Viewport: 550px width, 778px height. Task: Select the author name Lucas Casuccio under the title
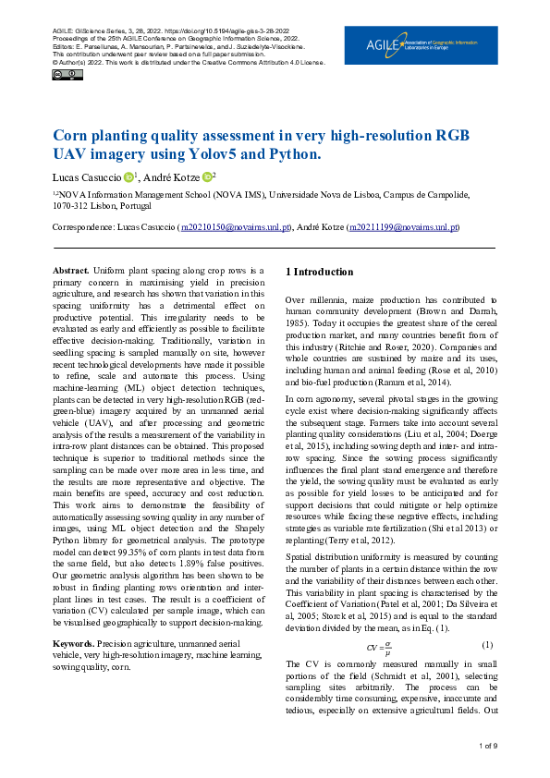point(86,176)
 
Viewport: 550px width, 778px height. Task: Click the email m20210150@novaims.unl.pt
point(236,226)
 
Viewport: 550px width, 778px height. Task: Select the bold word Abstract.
point(72,269)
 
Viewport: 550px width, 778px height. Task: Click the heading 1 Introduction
point(319,272)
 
